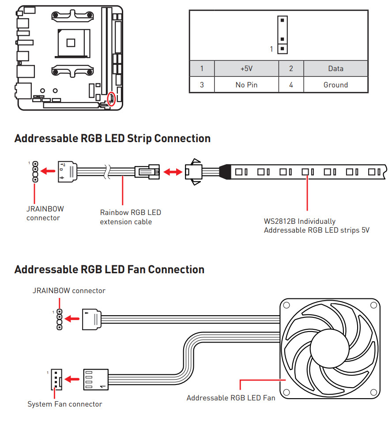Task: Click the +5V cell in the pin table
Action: [x=246, y=68]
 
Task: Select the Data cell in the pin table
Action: [x=335, y=68]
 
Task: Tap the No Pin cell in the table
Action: [x=246, y=85]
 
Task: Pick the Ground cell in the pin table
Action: [x=335, y=85]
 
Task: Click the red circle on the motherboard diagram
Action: [x=112, y=99]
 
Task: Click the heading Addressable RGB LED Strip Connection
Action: [x=112, y=138]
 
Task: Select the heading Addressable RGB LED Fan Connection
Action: [x=109, y=269]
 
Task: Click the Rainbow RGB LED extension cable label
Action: [x=130, y=217]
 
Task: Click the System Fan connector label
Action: [x=64, y=404]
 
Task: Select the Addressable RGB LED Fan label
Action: [x=230, y=398]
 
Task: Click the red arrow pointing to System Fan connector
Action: [x=72, y=379]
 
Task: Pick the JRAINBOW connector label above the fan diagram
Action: [x=69, y=290]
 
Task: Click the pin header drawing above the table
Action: [x=283, y=35]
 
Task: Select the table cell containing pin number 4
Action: [x=291, y=85]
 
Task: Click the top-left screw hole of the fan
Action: [x=286, y=305]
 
